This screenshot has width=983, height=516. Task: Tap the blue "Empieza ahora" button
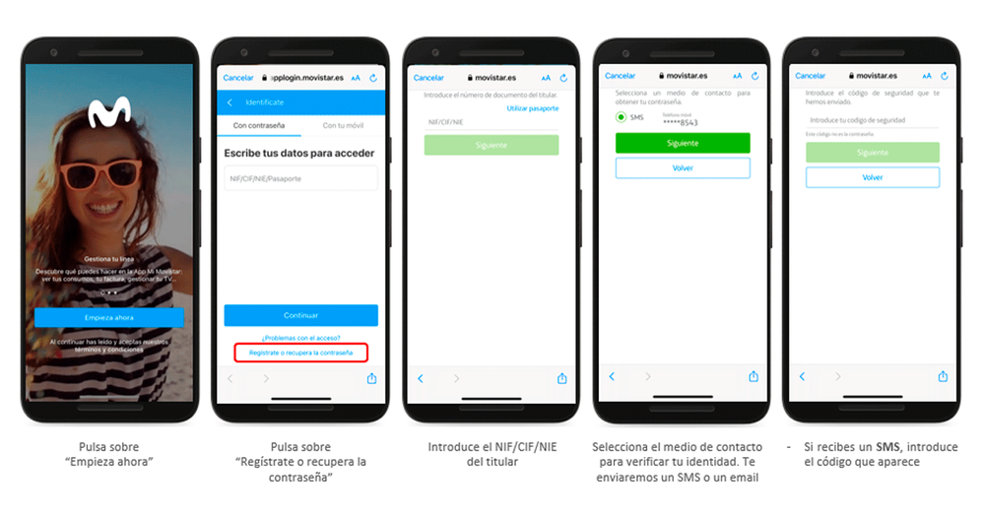coord(108,317)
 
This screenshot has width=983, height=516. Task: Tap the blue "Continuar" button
coord(300,315)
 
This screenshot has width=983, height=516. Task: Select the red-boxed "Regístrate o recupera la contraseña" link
coord(300,352)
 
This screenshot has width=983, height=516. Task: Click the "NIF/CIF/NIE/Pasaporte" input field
coord(300,178)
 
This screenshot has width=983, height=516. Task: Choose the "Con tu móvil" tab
coord(342,125)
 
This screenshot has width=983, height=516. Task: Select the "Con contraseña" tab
coord(258,125)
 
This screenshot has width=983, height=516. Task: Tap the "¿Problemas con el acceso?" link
coord(300,338)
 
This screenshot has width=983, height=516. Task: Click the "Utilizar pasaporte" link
coord(532,107)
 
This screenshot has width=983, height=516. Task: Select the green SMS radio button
coord(622,117)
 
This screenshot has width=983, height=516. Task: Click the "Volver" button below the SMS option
coord(682,168)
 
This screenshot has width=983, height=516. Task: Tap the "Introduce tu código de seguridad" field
coord(872,120)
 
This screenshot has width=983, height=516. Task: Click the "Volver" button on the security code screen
coord(872,177)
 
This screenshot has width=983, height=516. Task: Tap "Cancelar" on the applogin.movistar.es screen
coord(238,77)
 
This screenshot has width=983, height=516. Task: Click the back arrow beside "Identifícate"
coord(230,101)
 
